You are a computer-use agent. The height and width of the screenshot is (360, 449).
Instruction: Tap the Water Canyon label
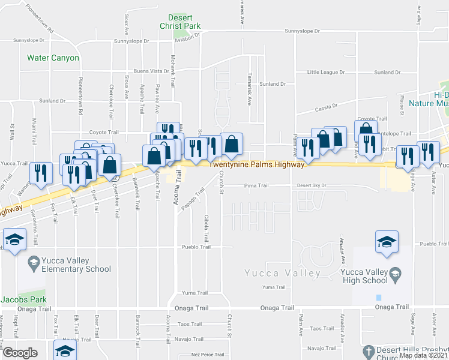click(x=53, y=58)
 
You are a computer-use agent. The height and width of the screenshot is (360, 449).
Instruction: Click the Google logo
click(x=20, y=353)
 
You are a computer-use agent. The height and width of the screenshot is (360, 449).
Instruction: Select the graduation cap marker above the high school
click(x=387, y=242)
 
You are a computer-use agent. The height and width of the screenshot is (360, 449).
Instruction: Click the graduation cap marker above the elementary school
click(x=14, y=241)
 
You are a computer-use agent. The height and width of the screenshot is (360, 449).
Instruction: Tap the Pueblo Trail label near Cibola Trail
click(x=197, y=247)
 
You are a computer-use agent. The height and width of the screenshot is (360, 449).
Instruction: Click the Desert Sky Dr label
click(x=312, y=186)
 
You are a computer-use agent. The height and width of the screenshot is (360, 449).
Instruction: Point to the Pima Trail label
click(x=256, y=186)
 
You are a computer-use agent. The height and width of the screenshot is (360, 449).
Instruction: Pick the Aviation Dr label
click(x=187, y=37)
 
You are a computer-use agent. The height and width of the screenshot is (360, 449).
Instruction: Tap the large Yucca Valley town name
click(x=283, y=274)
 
